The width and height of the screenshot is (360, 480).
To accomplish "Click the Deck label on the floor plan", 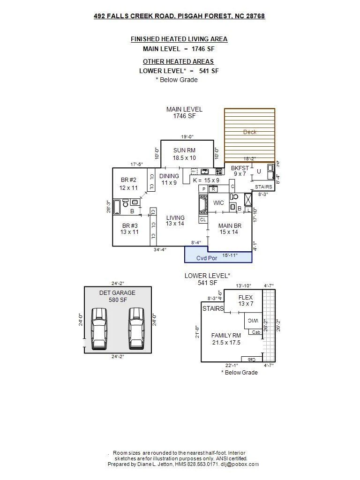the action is click(x=249, y=132).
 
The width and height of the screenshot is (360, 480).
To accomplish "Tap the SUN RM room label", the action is click(x=184, y=150).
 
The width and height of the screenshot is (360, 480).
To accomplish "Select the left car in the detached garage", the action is click(x=99, y=329).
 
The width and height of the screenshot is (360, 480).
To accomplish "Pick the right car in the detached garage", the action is click(x=136, y=329).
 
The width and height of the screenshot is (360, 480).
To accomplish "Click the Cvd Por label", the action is click(x=207, y=258).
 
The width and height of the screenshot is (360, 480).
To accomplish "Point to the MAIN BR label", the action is click(x=230, y=225).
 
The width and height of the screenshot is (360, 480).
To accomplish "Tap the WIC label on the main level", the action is click(x=218, y=202).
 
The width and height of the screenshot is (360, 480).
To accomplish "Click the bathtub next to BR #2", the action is click(x=117, y=207).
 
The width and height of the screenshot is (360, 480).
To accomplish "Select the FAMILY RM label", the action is click(x=226, y=336).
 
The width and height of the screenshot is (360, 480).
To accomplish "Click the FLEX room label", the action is click(x=246, y=297).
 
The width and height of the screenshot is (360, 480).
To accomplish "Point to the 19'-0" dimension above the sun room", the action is click(x=187, y=136).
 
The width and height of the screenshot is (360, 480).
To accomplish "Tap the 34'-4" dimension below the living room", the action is click(x=160, y=249).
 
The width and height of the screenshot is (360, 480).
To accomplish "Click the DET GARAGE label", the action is click(x=117, y=292).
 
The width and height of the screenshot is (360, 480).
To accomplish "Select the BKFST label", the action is click(x=240, y=168).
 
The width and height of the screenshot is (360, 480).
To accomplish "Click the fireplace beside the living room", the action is click(x=203, y=204).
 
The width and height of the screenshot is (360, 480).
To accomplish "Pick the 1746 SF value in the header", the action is click(x=203, y=49).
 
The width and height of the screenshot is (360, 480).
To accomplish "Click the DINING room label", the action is click(x=169, y=176).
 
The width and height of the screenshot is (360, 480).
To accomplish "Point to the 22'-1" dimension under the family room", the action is click(x=232, y=365).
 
